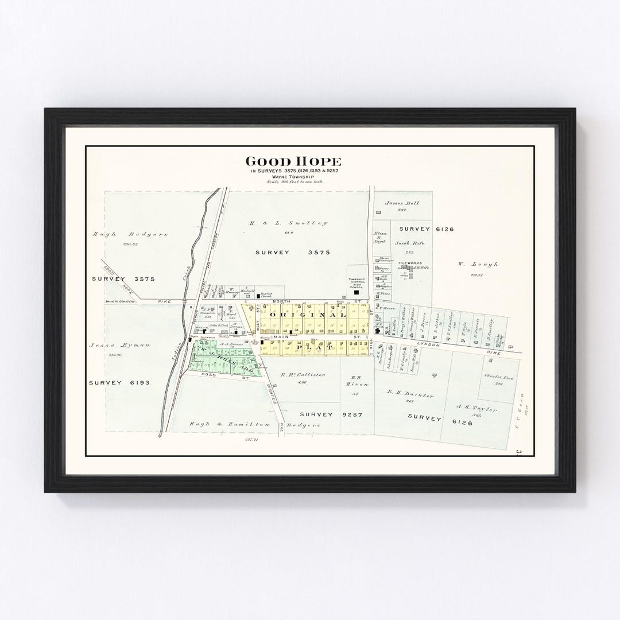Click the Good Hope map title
(293, 162)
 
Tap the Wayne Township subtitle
(293, 177)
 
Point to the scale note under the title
(294, 182)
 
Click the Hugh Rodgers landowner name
(131, 234)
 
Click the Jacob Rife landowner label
(408, 243)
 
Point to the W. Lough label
(478, 265)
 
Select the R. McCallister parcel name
(303, 375)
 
